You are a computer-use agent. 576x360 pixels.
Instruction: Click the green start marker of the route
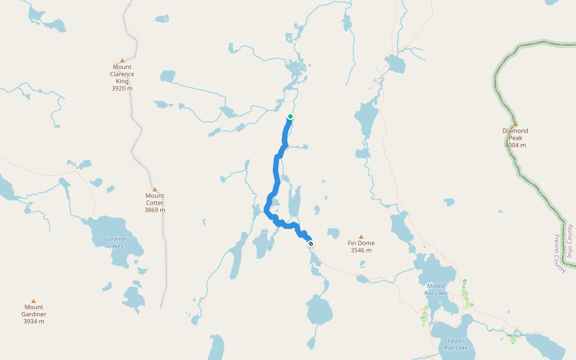pyautogui.click(x=290, y=116)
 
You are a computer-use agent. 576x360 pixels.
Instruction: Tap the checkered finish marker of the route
pyautogui.click(x=311, y=244)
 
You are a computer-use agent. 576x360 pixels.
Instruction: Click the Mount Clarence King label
pyautogui.click(x=122, y=74)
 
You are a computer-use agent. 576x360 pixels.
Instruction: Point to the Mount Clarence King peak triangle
pyautogui.click(x=122, y=61)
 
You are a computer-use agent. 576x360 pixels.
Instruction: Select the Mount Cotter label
pyautogui.click(x=155, y=196)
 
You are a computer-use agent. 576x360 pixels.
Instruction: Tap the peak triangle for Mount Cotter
pyautogui.click(x=155, y=190)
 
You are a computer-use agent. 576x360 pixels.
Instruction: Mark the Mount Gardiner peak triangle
pyautogui.click(x=34, y=301)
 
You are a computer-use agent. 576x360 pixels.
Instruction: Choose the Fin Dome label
pyautogui.click(x=361, y=243)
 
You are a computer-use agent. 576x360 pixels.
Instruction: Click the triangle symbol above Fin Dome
pyautogui.click(x=361, y=237)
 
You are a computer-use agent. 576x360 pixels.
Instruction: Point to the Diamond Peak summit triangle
pyautogui.click(x=515, y=124)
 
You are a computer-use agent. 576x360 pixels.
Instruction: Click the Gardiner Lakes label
pyautogui.click(x=116, y=242)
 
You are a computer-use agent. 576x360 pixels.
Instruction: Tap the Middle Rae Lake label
pyautogui.click(x=436, y=289)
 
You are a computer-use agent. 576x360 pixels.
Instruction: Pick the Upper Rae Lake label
pyautogui.click(x=456, y=344)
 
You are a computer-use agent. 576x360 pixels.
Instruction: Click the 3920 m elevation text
pyautogui.click(x=122, y=88)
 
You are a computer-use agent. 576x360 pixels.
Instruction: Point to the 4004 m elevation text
pyautogui.click(x=515, y=145)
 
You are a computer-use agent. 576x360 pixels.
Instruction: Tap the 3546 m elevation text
pyautogui.click(x=361, y=250)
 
